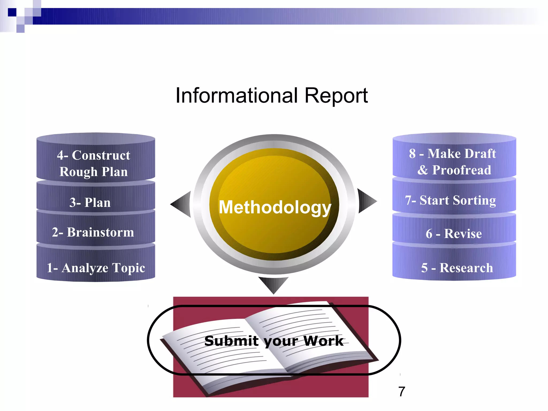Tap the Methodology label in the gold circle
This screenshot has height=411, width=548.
275,207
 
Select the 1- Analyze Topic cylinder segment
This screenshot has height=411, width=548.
96,268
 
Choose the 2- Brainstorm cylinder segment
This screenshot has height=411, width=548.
93,232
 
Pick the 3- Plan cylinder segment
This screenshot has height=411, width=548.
90,202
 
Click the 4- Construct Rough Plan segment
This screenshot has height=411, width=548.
94,163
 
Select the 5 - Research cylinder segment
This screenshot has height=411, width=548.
457,268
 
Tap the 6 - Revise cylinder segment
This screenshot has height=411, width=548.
454,233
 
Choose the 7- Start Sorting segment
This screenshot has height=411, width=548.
450,200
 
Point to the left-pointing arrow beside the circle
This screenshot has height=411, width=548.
181,204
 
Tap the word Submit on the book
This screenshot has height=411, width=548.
231,341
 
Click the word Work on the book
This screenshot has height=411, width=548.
323,341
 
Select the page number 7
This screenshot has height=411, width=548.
402,392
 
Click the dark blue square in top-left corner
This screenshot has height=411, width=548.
12,12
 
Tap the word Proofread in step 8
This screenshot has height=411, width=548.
462,170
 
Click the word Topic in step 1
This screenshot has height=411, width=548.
129,268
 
